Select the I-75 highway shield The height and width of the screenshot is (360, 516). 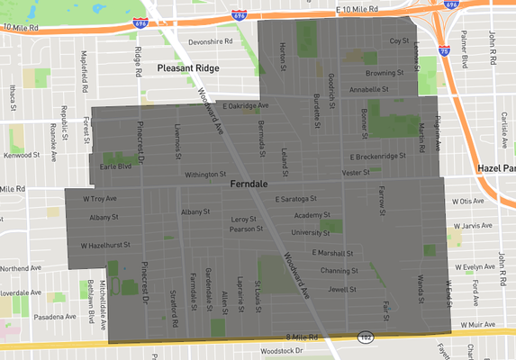coord(443,51)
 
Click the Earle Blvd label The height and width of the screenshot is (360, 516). coord(115,166)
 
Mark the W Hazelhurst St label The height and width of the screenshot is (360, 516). coord(106,244)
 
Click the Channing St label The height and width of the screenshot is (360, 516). coord(339,270)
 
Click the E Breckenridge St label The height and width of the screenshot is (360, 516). coord(379,157)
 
